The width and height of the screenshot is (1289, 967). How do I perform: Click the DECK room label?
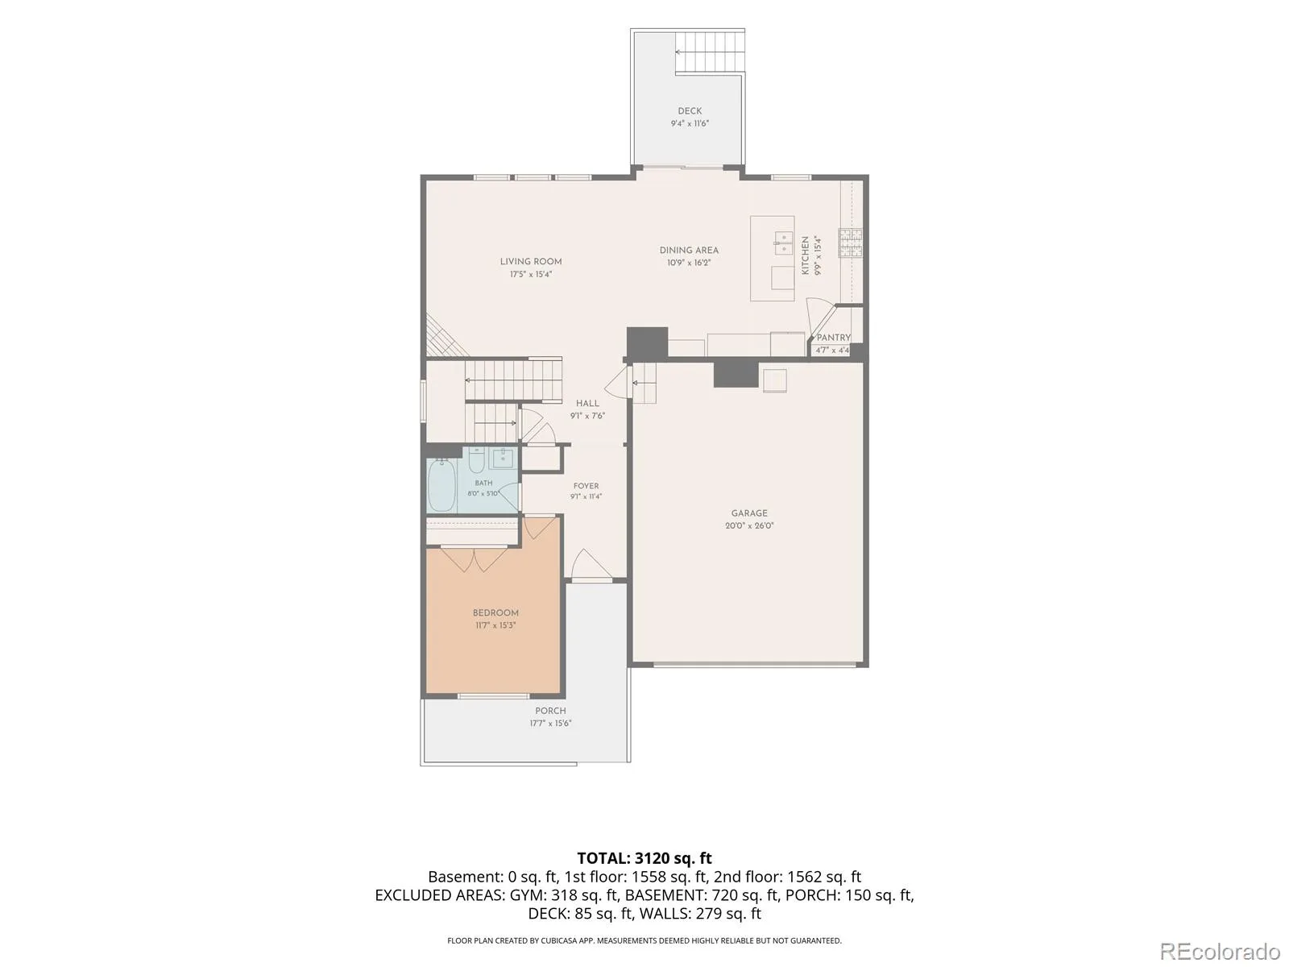tap(690, 110)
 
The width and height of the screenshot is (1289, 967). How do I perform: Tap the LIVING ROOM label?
tap(531, 261)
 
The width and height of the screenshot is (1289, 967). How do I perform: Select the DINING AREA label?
tap(689, 250)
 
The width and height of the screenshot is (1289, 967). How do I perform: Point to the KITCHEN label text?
tap(805, 255)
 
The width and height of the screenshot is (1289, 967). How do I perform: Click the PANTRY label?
tap(833, 338)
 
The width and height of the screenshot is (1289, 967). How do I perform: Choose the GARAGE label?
tap(749, 513)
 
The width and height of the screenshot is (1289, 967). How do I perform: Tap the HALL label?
tap(587, 404)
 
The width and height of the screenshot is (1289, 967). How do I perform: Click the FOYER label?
tap(586, 486)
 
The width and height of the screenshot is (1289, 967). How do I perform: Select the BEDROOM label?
tap(495, 613)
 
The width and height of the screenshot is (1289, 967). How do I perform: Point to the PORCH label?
tap(550, 711)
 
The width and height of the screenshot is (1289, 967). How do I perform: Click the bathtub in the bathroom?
tap(442, 486)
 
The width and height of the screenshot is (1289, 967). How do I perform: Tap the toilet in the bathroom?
tap(476, 460)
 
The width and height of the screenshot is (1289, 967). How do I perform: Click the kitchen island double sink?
tap(783, 243)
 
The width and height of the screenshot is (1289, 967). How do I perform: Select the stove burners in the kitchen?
tap(850, 243)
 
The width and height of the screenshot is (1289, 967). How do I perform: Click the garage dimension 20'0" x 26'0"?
tap(749, 525)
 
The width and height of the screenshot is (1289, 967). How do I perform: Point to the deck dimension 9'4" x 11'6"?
tap(690, 123)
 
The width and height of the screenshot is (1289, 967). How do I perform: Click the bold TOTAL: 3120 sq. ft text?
tap(644, 858)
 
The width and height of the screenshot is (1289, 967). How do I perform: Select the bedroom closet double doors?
tap(474, 559)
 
